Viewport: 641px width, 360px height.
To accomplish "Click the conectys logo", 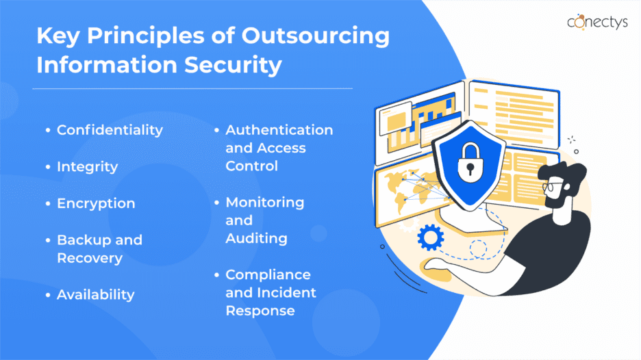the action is tap(597, 22).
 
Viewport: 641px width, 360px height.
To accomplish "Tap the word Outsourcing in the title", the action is tap(315, 36).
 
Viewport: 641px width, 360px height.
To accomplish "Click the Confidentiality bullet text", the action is tap(110, 130).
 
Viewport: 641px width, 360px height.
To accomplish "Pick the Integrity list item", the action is tap(87, 167).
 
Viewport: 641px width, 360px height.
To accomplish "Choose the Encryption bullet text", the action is tap(96, 203).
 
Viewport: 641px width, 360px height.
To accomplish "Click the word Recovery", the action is tap(90, 258).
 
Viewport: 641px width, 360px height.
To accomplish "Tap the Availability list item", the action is tap(95, 294).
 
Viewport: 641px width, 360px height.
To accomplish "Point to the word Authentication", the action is tap(279, 130).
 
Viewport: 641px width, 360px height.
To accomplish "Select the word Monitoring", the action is tap(265, 203).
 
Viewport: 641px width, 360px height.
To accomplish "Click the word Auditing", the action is tap(256, 239).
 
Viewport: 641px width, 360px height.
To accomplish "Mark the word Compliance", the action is tap(268, 275).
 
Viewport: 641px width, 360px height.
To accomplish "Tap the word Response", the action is tap(260, 311).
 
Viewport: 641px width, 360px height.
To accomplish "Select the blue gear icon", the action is tap(431, 237).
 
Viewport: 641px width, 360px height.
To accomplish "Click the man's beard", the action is tap(557, 197).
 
